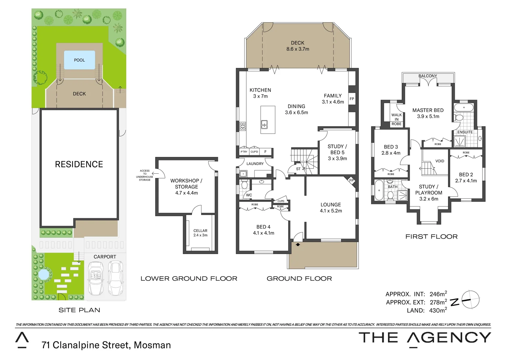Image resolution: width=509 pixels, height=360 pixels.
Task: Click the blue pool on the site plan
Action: point(79,60)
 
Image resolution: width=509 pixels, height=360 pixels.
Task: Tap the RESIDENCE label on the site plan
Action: point(79,164)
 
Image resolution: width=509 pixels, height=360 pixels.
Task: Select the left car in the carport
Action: point(96,278)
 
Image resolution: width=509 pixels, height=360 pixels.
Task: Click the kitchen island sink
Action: point(264,124)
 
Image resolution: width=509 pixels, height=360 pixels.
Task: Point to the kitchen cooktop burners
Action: point(243,126)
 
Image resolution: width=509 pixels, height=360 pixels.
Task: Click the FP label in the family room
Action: point(352,99)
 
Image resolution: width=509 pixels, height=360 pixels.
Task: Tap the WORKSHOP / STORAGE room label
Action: point(186,184)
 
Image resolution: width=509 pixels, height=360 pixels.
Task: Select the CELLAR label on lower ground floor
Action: point(200,231)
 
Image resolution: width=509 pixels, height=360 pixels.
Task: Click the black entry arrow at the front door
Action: point(298,245)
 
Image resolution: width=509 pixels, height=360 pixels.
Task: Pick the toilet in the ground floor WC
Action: point(244,185)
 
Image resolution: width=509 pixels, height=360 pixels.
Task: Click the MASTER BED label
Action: point(428,110)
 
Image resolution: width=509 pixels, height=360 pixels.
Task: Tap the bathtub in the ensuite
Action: point(464,108)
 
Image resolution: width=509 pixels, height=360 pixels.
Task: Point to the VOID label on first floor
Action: point(440,161)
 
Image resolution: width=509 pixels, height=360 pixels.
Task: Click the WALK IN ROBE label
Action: point(396,119)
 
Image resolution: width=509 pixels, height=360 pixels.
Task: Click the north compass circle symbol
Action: point(470,300)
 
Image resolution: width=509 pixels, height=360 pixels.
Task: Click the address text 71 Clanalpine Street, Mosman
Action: point(106,345)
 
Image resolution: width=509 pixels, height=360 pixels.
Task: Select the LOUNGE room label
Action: point(330,205)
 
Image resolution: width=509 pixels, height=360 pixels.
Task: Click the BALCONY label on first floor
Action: point(427,76)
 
